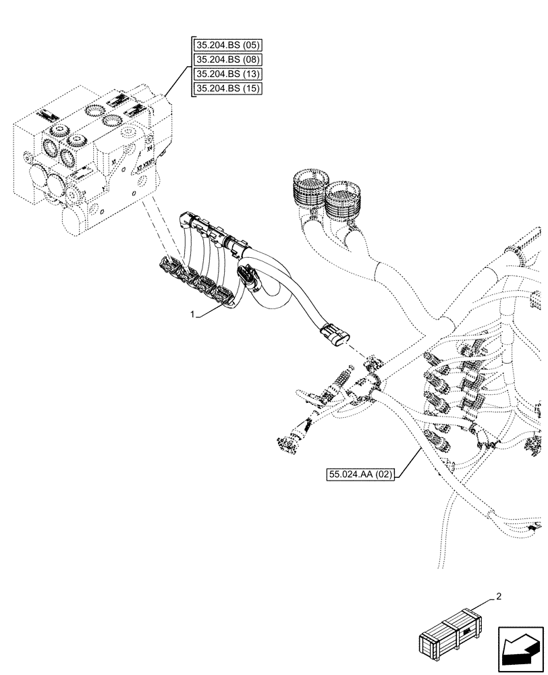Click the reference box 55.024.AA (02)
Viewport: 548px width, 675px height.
click(361, 475)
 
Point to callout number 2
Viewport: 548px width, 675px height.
click(498, 596)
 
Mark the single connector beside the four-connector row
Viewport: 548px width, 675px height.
click(248, 277)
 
